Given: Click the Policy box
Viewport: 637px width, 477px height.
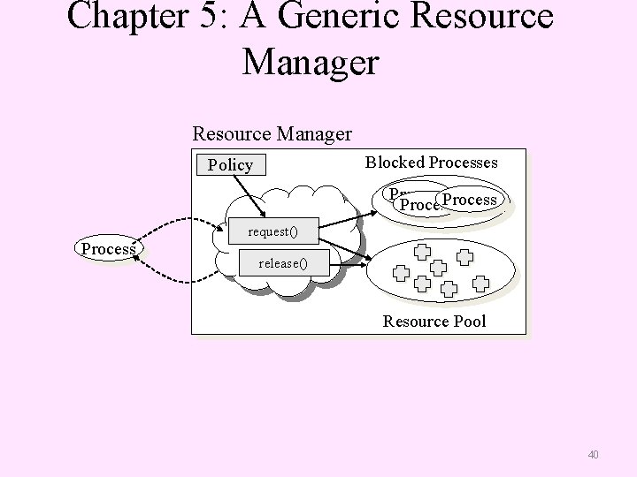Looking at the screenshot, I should click(x=230, y=165).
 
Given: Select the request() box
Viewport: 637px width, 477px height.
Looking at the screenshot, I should click(x=272, y=233).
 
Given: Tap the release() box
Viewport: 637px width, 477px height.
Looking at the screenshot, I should click(x=282, y=263).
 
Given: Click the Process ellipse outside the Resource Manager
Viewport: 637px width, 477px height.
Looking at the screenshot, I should click(x=108, y=249).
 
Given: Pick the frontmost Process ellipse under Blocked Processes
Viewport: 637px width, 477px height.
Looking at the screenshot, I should click(x=470, y=200).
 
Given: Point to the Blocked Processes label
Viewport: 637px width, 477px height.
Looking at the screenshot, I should click(x=431, y=162).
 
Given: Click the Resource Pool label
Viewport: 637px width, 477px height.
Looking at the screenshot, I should click(x=434, y=321).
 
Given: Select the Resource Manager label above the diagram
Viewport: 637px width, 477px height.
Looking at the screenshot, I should click(x=272, y=134).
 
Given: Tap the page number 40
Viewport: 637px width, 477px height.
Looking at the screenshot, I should click(x=593, y=455).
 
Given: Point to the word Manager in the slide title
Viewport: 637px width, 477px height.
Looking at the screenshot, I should click(x=311, y=62).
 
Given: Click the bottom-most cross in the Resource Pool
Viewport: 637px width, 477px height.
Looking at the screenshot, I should click(x=449, y=289).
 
